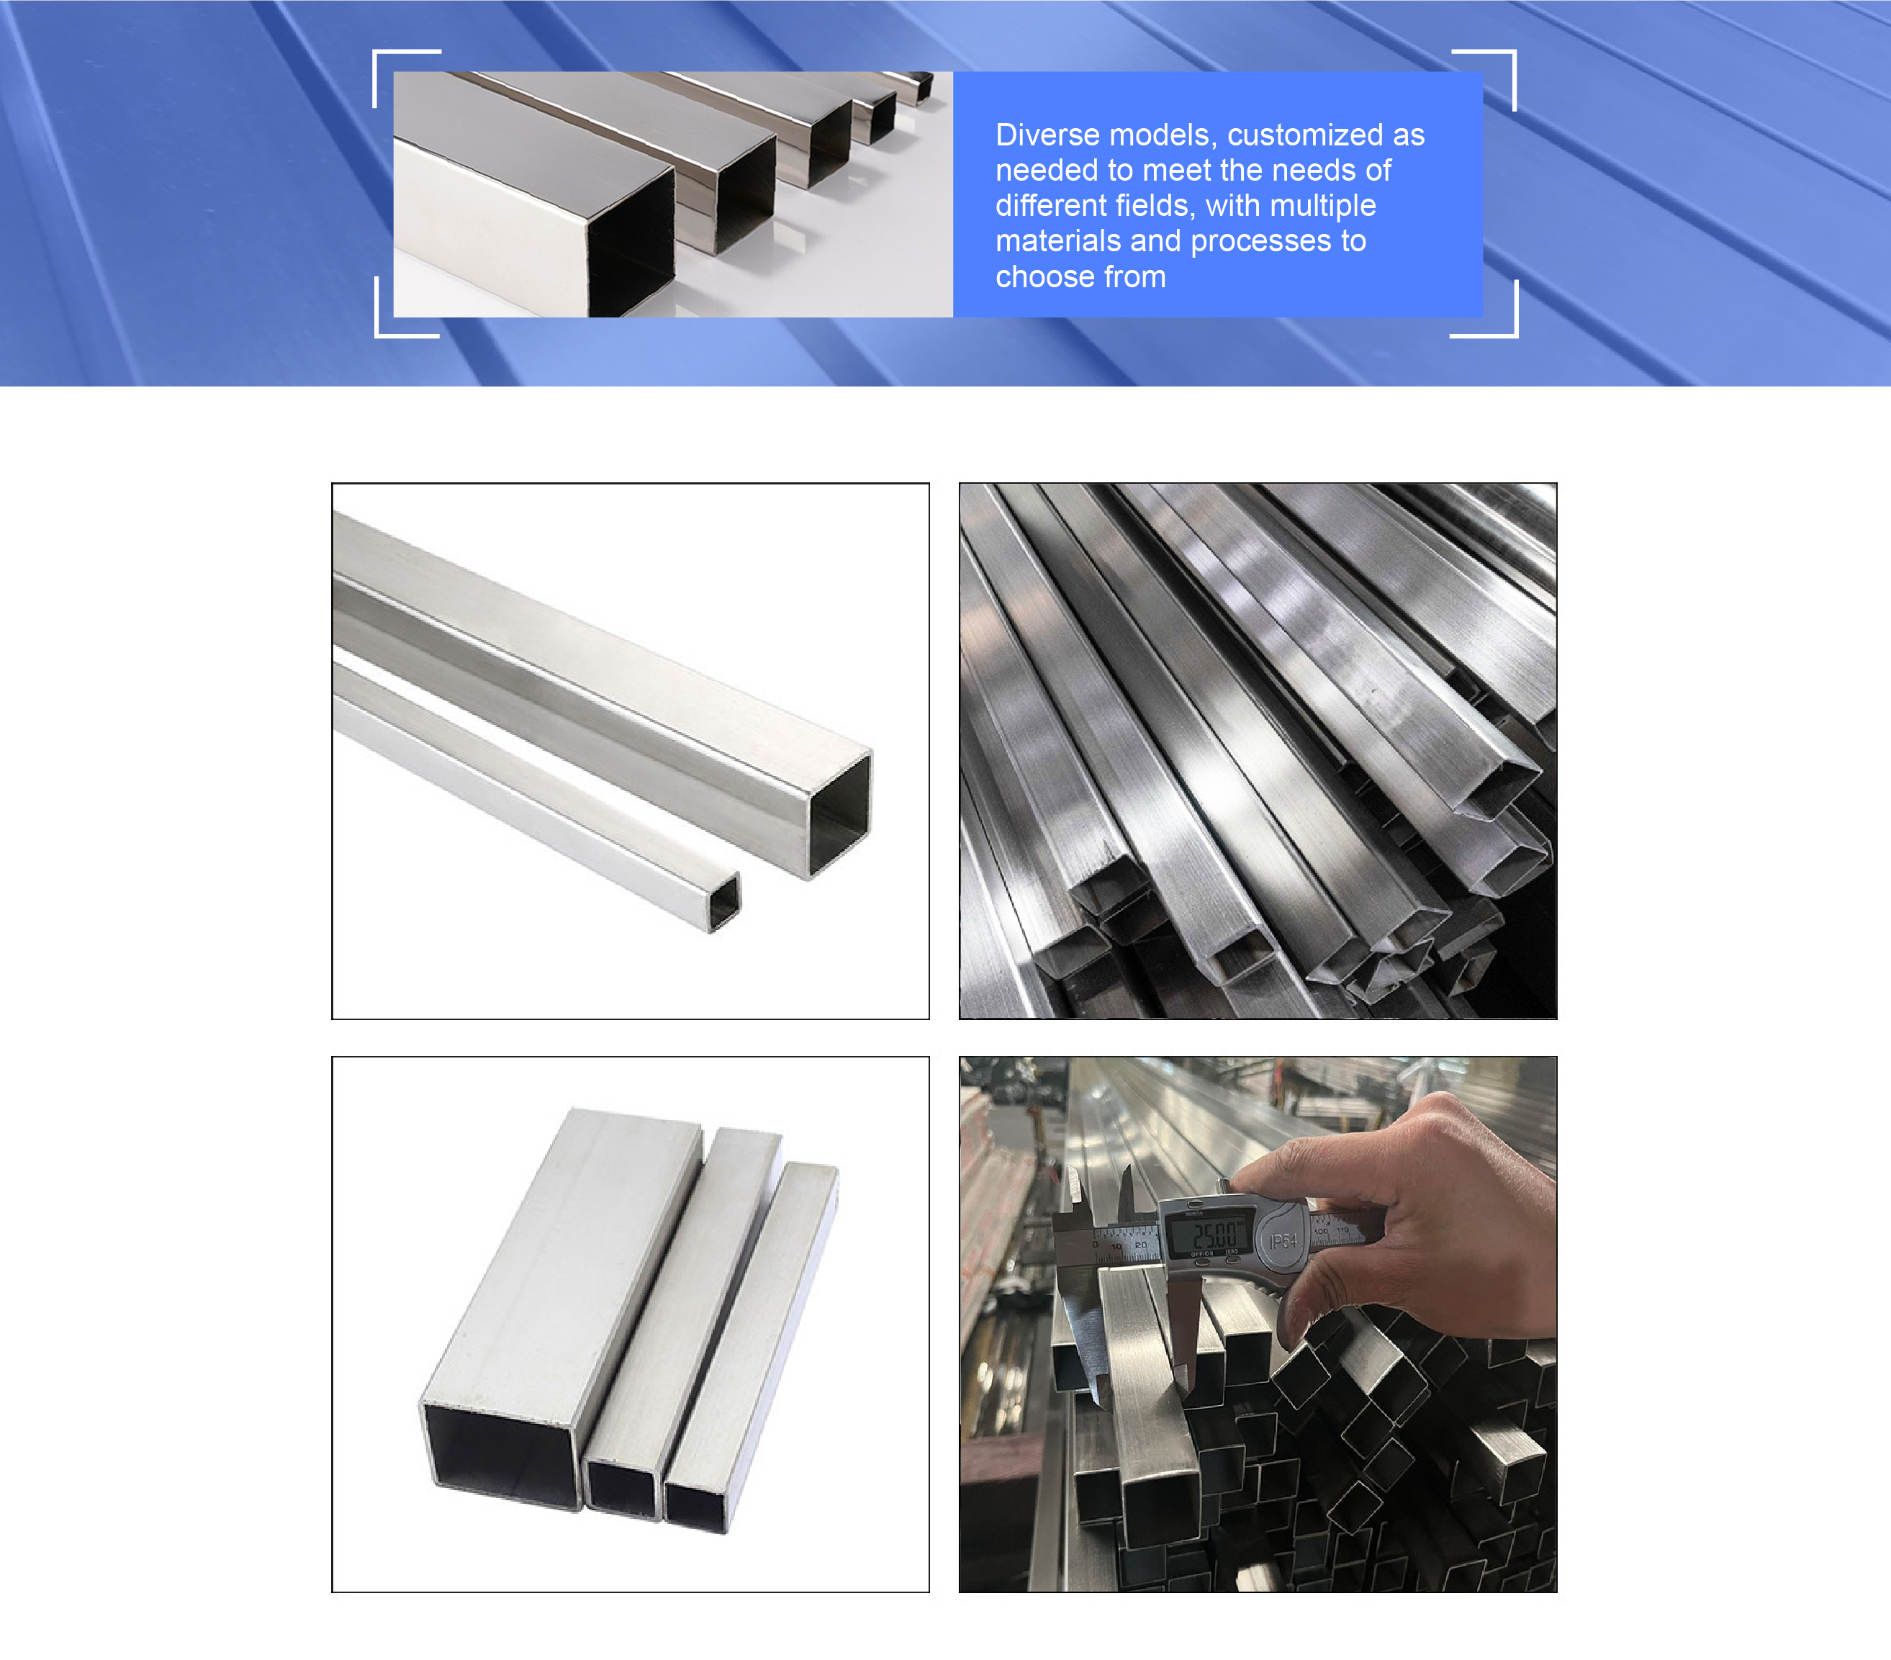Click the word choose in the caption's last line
pyautogui.click(x=1045, y=276)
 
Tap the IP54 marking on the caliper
pyautogui.click(x=1283, y=1240)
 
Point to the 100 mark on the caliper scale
pyautogui.click(x=1320, y=1232)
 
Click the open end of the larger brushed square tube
pyautogui.click(x=839, y=815)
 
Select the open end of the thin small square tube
pyautogui.click(x=724, y=902)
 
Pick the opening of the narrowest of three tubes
pyautogui.click(x=694, y=1507)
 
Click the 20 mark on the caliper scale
pyautogui.click(x=1139, y=1245)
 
